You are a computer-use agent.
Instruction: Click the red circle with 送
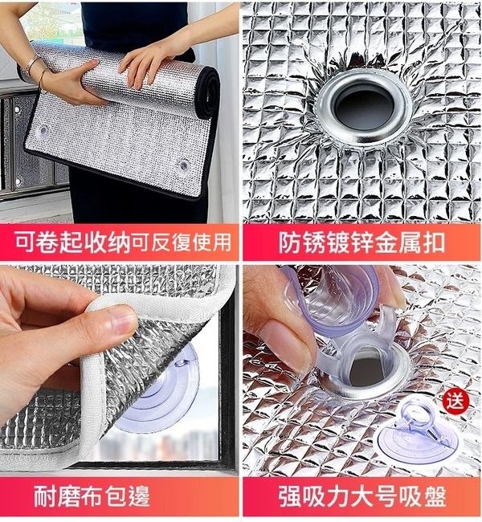[455, 401]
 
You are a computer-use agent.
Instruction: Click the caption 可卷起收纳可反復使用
[123, 242]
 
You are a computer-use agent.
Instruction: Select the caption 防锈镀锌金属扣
[361, 243]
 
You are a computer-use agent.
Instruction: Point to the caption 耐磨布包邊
[92, 495]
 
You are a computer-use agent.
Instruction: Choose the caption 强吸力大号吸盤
[362, 496]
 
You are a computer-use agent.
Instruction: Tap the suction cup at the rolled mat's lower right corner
[183, 165]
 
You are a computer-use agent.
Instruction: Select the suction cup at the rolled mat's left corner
[43, 131]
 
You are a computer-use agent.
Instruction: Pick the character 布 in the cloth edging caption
[92, 495]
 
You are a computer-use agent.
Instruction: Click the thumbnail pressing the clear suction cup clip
[362, 369]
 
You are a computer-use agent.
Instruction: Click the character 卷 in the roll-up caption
[47, 242]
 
